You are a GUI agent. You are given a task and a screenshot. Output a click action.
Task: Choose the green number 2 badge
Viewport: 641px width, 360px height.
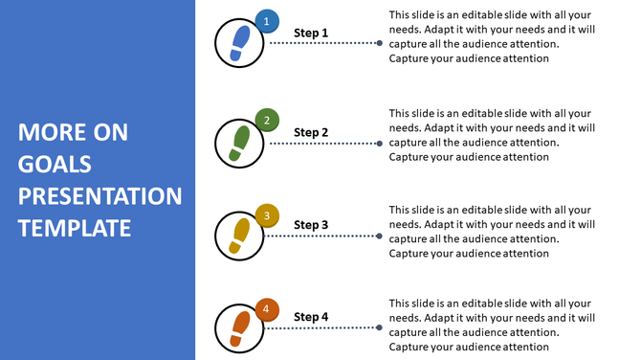coord(268,121)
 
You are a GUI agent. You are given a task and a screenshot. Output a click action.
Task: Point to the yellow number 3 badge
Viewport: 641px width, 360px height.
coord(268,215)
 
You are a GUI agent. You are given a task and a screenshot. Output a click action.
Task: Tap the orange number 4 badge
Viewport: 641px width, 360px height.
coord(268,309)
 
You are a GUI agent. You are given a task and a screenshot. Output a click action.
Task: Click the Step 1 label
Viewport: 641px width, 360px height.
coord(311,34)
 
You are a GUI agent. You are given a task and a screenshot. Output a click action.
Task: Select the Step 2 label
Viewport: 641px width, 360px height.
coord(311,132)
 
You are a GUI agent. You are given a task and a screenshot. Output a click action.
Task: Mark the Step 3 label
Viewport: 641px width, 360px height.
coord(311,225)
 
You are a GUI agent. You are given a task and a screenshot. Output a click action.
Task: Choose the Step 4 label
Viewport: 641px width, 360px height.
coord(311,317)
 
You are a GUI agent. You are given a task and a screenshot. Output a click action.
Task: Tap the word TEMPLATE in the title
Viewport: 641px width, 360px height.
coord(74,228)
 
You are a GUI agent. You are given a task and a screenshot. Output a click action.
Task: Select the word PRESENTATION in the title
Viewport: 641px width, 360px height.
coord(99,196)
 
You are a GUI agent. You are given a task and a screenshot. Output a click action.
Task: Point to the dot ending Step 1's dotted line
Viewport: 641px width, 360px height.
coord(380,43)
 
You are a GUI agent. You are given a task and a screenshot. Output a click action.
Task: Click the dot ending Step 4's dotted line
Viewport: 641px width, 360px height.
coord(380,328)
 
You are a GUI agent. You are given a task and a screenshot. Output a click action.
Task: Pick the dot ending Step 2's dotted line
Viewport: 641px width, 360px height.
coord(380,143)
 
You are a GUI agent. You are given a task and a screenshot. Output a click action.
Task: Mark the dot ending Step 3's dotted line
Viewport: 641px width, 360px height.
coord(380,236)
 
